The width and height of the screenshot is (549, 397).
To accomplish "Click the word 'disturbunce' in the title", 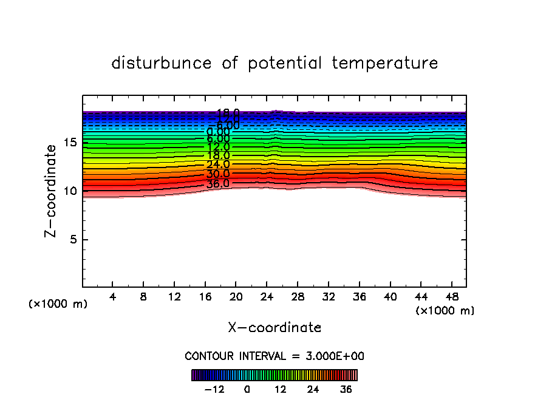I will (162, 63).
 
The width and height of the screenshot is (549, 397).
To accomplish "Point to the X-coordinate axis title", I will (274, 328).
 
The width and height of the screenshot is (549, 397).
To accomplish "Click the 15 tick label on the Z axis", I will (70, 143).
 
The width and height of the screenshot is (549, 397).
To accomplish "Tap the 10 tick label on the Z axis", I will (70, 191).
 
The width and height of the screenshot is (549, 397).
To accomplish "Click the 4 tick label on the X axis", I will (113, 297).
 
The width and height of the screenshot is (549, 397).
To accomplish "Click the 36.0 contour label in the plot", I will (217, 183).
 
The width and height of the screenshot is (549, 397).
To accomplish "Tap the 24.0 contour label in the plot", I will (217, 165).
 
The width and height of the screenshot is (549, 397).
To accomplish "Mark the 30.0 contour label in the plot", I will (217, 174).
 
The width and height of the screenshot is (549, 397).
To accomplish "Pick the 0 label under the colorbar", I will (247, 389).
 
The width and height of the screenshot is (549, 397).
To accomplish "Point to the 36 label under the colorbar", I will (346, 389).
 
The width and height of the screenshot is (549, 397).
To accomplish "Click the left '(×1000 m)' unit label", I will (58, 304).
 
